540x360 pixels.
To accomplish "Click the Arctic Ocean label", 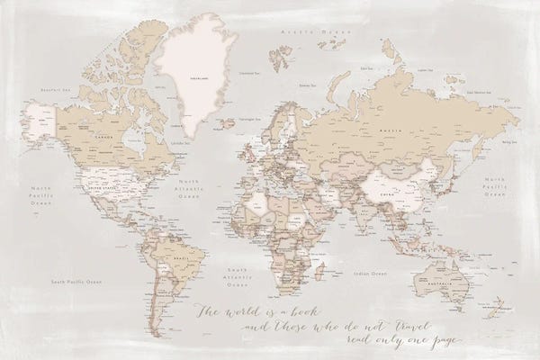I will (x=278, y=29).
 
